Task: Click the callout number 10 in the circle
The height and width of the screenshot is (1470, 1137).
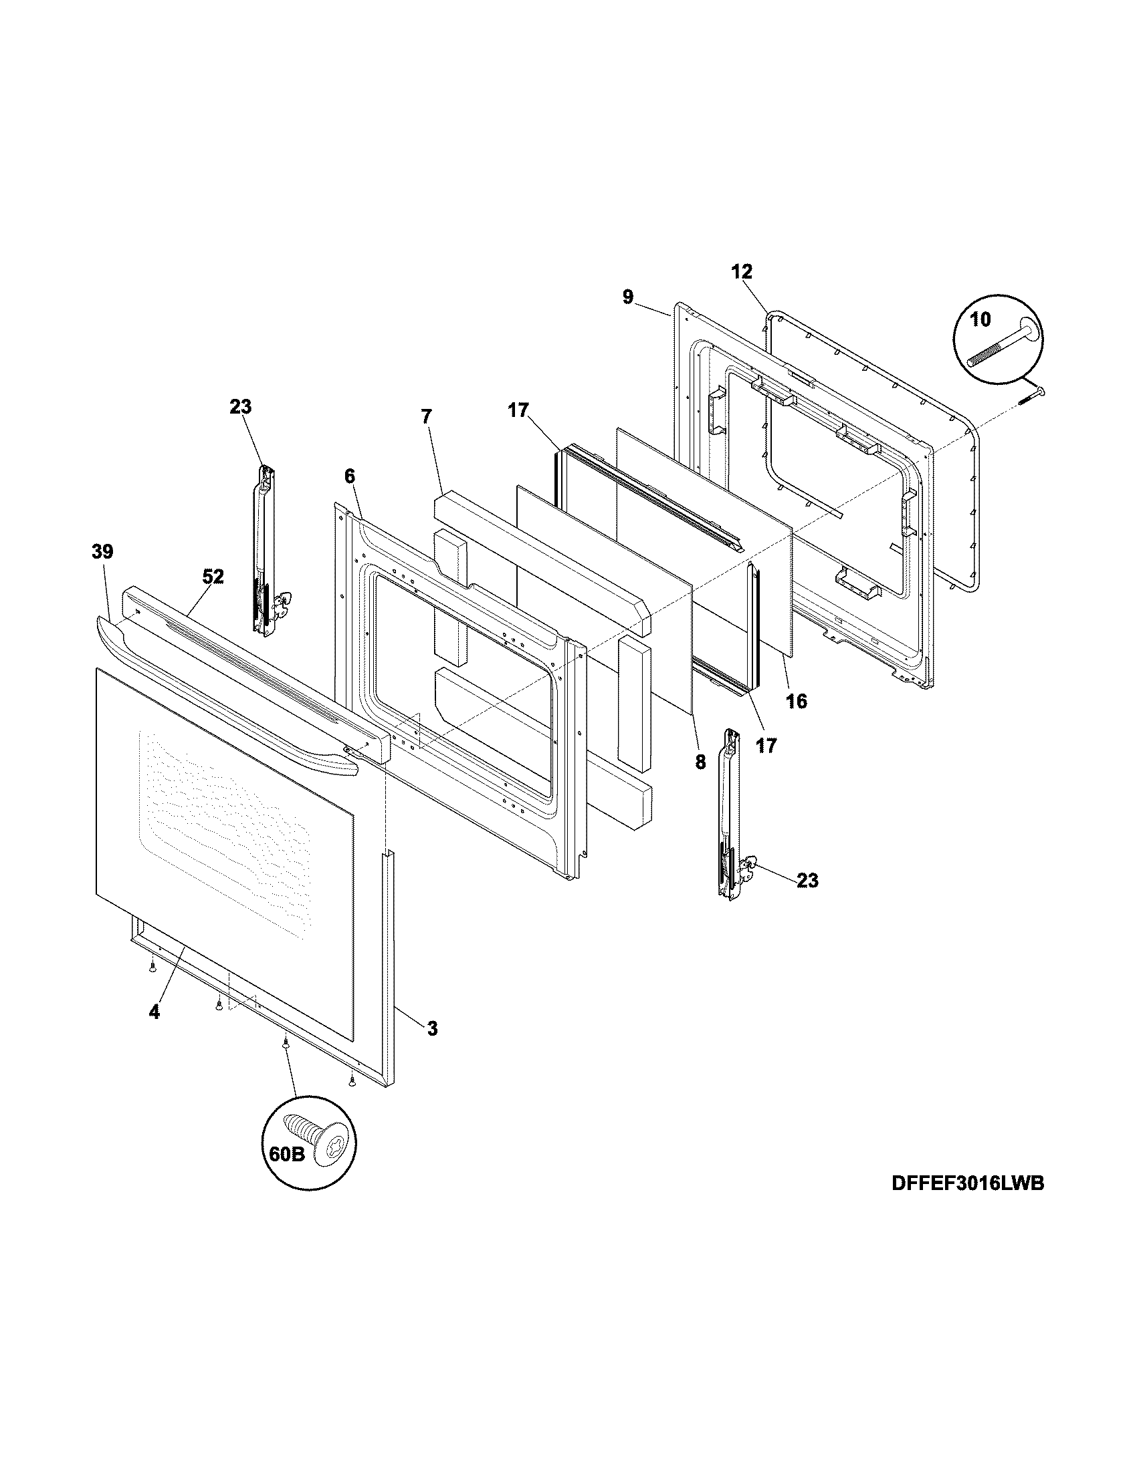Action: (980, 319)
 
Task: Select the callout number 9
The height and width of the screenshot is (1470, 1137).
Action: (628, 297)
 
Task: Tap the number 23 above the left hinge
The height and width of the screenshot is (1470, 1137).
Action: (240, 406)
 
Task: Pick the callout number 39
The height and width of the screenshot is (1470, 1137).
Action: (102, 552)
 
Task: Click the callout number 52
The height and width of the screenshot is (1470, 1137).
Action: (213, 576)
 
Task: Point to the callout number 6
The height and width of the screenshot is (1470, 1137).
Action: (349, 476)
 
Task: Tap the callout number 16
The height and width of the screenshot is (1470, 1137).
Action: (795, 702)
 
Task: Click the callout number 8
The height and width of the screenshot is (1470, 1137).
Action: (700, 762)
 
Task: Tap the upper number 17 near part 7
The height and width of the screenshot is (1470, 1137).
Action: (518, 410)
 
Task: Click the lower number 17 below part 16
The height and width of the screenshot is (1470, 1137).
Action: (766, 745)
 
